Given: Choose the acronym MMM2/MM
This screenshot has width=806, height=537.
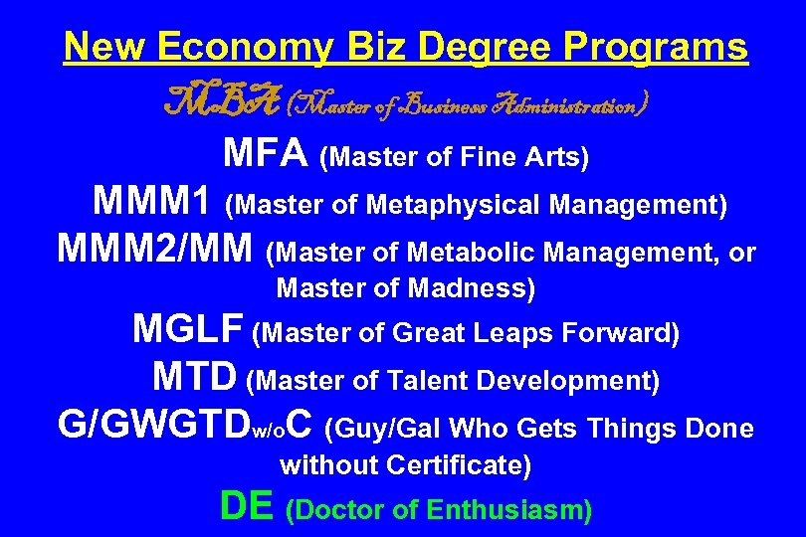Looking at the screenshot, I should pos(158,250).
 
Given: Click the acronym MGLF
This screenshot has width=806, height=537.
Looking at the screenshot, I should pos(189,329).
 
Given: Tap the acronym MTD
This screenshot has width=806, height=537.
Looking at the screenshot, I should pos(195,377).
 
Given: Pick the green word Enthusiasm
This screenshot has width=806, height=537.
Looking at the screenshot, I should pos(506,511).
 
